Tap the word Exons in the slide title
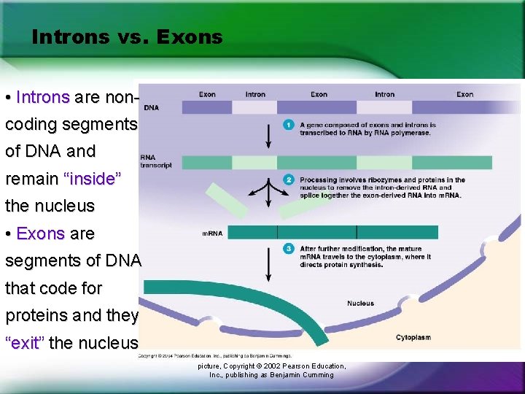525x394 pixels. (193, 37)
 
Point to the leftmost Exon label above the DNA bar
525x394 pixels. (207, 94)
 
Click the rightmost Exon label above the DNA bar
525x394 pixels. (464, 94)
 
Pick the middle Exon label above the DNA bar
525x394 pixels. (319, 94)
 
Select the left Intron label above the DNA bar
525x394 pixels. (255, 94)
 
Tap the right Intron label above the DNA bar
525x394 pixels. (384, 94)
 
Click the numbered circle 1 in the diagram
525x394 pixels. (289, 125)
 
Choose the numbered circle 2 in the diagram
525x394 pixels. (289, 179)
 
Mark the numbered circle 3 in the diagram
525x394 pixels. (289, 249)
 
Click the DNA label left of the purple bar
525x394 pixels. (152, 108)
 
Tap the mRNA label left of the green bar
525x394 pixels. (212, 233)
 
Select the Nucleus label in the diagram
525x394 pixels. (360, 303)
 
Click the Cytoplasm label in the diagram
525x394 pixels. (413, 338)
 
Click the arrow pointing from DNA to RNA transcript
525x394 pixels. (268, 135)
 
